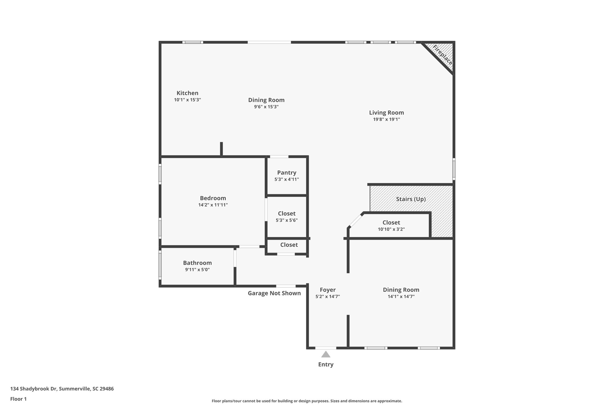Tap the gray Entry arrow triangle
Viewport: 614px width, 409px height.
326,354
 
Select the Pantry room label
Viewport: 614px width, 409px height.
287,173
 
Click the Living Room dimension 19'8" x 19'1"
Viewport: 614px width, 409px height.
386,119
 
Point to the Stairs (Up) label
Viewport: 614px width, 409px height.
411,199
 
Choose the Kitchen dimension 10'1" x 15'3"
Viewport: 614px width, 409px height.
187,100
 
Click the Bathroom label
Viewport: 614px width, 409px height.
197,263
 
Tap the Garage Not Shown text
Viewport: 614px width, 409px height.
274,293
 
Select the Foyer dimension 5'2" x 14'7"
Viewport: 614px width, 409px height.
327,297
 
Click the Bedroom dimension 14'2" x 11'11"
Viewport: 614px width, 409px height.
213,205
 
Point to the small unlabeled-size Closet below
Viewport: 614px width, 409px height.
289,245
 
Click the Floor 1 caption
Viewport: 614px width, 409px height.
18,399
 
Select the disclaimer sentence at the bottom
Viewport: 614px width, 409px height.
307,401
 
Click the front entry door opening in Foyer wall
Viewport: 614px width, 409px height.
326,348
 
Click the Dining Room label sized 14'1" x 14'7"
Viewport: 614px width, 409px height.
401,290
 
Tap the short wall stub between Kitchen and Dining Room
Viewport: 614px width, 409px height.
222,149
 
